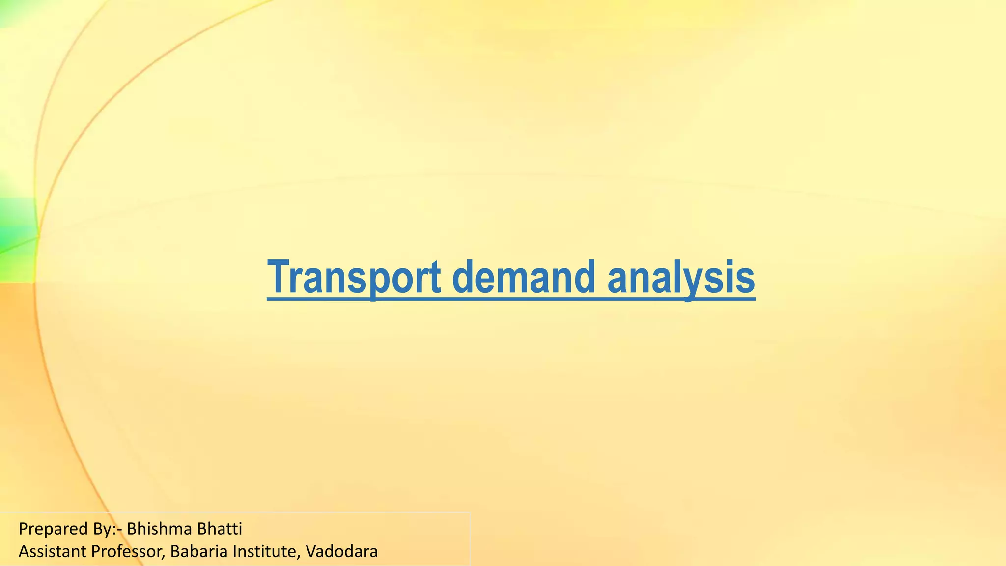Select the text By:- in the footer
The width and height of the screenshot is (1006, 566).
[x=108, y=529]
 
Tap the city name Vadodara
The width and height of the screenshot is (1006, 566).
[x=341, y=551]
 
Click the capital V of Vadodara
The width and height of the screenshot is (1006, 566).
[x=310, y=551]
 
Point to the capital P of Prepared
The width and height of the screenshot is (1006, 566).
[x=23, y=529]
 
